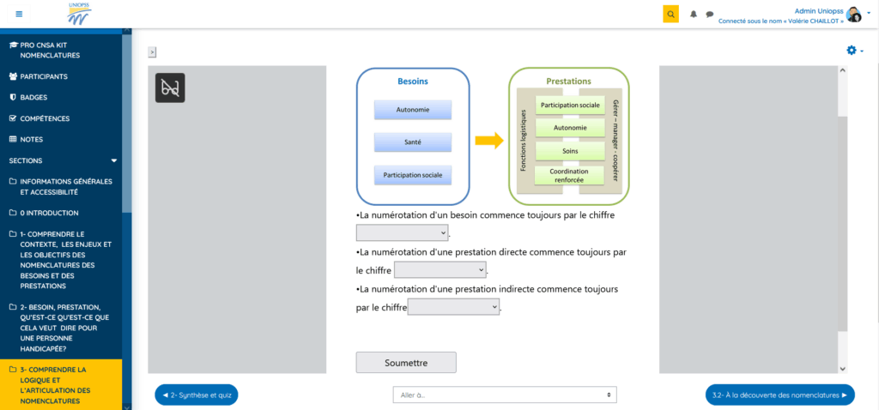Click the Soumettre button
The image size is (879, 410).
point(406,362)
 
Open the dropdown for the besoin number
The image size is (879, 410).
point(402,232)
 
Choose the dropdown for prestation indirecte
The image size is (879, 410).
point(453,307)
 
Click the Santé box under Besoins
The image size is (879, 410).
point(413,142)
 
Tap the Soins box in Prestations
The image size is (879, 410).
point(570,151)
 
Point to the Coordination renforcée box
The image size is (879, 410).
point(570,175)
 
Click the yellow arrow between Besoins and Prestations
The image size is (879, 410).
point(488,141)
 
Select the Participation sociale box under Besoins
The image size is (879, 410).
point(413,175)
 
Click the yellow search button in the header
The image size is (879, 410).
point(670,14)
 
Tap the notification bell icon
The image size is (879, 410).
point(694,14)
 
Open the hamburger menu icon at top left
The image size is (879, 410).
point(19,14)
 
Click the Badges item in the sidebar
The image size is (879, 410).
point(33,98)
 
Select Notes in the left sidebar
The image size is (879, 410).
point(31,139)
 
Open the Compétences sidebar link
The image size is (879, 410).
point(45,118)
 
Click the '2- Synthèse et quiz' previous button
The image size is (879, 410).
point(196,395)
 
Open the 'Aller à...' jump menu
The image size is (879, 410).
point(504,395)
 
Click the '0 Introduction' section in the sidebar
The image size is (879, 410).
point(49,213)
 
